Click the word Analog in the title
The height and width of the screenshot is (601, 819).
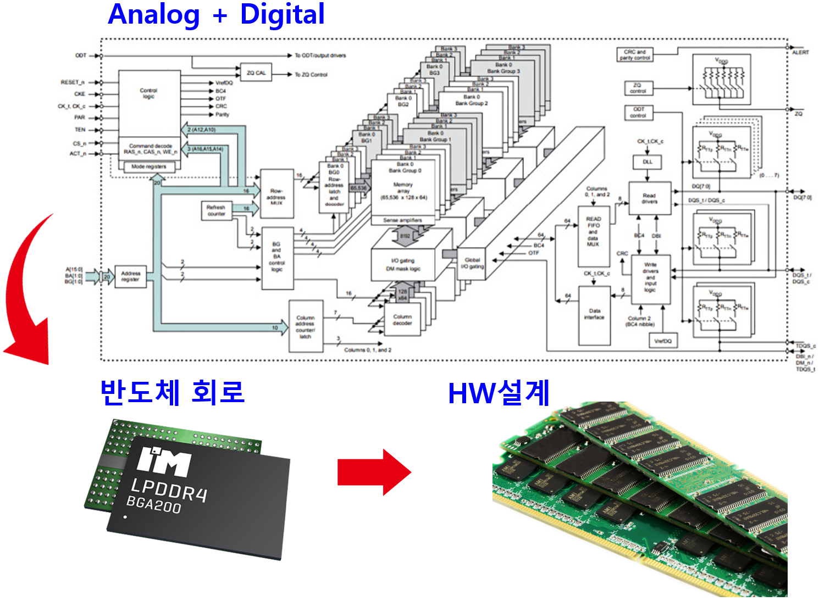click(154, 15)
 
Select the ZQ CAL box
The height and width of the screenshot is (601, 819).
click(256, 73)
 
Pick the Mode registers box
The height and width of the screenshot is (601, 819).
click(148, 166)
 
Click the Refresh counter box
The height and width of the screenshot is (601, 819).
click(216, 210)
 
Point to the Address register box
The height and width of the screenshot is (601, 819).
click(130, 276)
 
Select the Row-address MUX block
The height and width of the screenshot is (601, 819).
click(276, 194)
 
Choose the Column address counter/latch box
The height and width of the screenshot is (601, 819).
click(305, 326)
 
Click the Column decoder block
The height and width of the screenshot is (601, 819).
click(402, 320)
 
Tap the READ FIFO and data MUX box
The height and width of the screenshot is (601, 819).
click(593, 235)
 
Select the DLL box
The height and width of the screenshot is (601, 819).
click(648, 162)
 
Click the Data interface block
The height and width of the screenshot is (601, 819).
click(594, 315)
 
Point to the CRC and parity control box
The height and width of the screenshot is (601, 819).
click(635, 55)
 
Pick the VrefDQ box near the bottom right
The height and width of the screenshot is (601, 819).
click(663, 341)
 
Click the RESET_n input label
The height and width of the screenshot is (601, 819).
click(73, 82)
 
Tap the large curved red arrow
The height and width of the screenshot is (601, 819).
click(25, 291)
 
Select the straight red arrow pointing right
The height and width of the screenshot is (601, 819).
click(374, 472)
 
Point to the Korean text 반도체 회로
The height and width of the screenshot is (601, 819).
click(172, 392)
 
